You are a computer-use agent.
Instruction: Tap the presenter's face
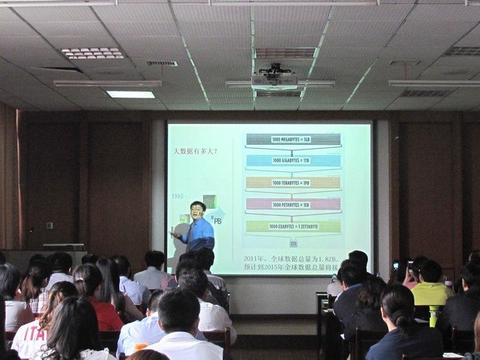(197, 211)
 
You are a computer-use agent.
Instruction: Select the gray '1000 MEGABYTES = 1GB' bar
(293, 139)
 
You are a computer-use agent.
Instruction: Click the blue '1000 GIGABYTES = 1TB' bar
(293, 161)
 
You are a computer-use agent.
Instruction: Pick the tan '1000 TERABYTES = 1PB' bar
(293, 182)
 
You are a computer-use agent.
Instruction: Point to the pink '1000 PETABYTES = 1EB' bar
(293, 204)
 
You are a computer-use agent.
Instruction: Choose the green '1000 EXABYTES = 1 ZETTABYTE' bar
(293, 226)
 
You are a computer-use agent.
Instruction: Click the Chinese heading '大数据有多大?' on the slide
(197, 151)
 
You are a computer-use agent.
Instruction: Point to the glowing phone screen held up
(395, 266)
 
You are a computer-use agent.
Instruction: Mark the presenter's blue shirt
(200, 234)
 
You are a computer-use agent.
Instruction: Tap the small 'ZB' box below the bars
(294, 242)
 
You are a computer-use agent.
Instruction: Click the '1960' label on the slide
(177, 196)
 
